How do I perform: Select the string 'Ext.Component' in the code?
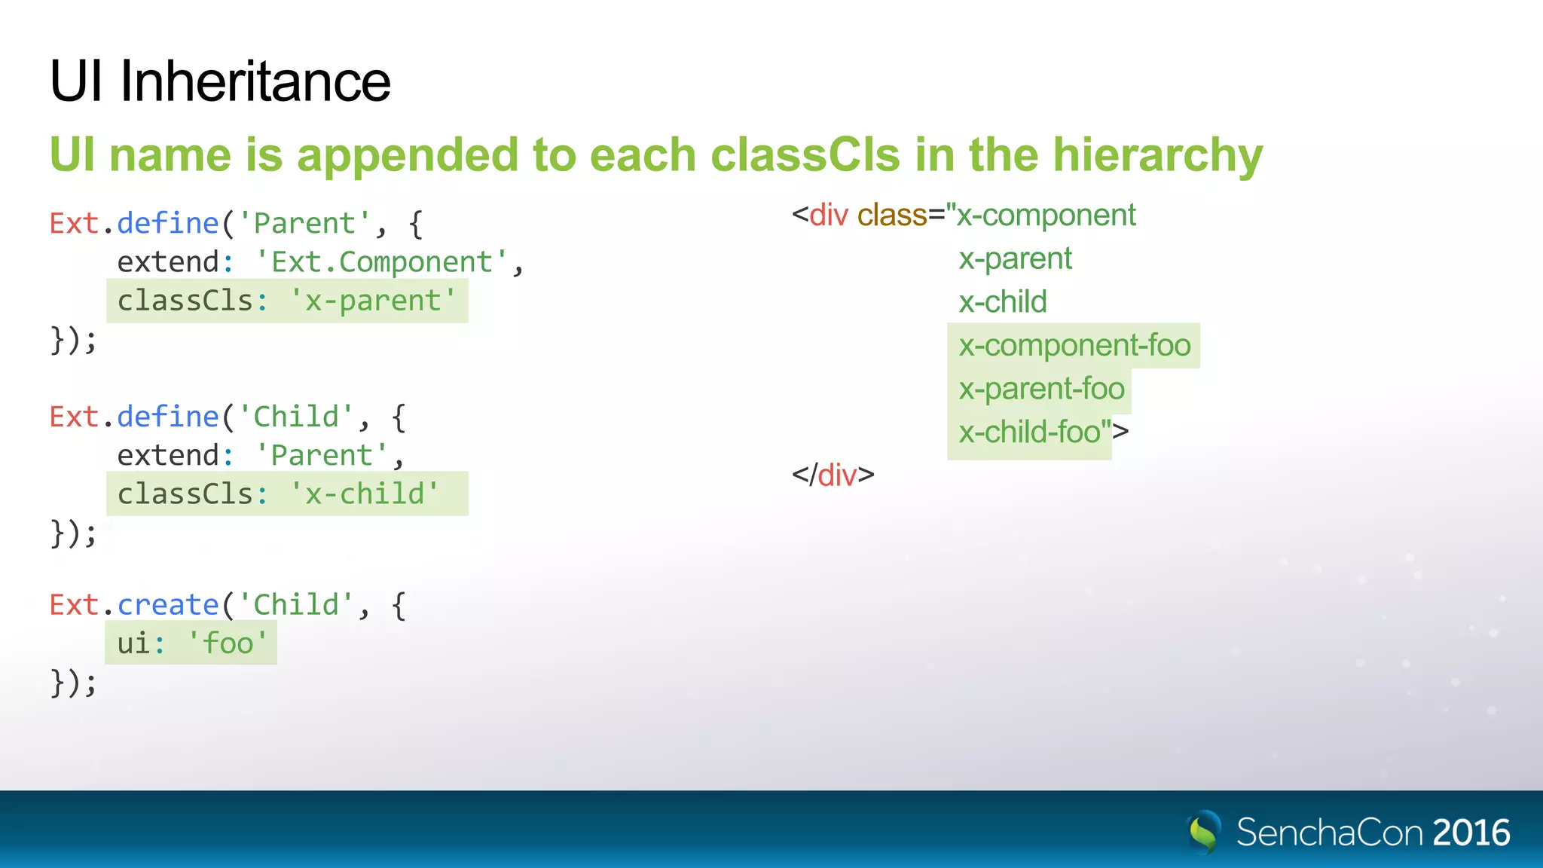(x=380, y=262)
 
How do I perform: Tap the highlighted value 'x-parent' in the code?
(x=373, y=301)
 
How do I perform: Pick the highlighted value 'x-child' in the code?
(x=365, y=494)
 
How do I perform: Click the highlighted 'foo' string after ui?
(x=227, y=643)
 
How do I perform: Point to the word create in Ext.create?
(x=167, y=605)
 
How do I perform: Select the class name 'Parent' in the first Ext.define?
(x=304, y=224)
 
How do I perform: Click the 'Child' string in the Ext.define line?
(x=295, y=417)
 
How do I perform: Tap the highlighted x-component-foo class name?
(x=1074, y=346)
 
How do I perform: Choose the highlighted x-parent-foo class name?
(x=1041, y=390)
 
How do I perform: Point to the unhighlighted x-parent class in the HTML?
(x=1015, y=259)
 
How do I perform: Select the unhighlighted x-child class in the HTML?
(x=1002, y=302)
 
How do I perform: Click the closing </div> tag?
(x=833, y=475)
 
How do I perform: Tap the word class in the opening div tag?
(x=891, y=215)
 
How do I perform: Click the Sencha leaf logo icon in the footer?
(x=1203, y=832)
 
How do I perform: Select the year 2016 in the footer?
(x=1471, y=833)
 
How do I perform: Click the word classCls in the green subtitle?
(x=804, y=155)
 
